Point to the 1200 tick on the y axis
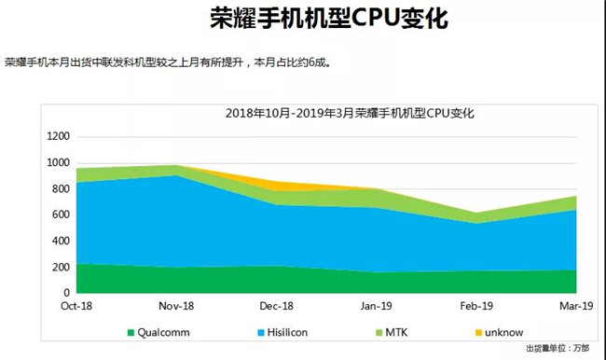point(58,136)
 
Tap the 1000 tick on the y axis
point(58,162)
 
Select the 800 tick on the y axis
point(61,188)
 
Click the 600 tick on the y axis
point(61,215)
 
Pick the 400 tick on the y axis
point(61,241)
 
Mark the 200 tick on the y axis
point(61,267)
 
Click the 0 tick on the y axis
point(66,293)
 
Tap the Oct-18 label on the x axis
point(76,306)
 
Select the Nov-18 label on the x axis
point(176,306)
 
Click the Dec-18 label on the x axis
point(277,306)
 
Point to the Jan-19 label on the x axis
point(377,306)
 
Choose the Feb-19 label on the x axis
point(476,306)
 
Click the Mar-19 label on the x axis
point(575,306)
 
